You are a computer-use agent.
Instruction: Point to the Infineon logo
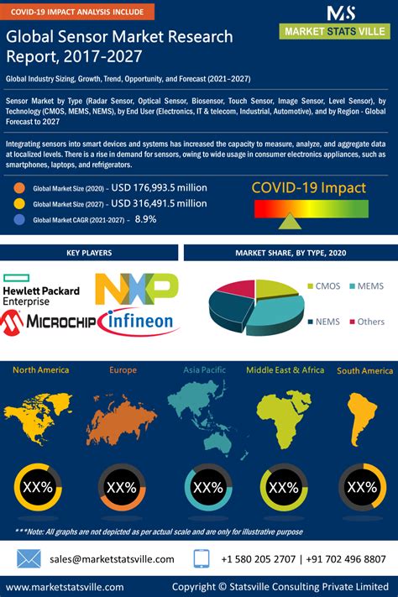click(x=136, y=321)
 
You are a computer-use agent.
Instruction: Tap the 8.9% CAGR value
click(x=144, y=218)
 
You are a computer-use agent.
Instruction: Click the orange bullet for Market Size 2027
click(x=18, y=204)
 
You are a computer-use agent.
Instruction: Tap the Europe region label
click(x=123, y=370)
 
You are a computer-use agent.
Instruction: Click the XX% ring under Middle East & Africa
click(x=283, y=487)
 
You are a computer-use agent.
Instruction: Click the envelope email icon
click(x=29, y=558)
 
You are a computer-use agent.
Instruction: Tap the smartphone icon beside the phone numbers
click(x=202, y=558)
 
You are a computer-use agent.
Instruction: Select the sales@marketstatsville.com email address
click(x=112, y=558)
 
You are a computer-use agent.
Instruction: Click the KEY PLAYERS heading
click(x=89, y=253)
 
